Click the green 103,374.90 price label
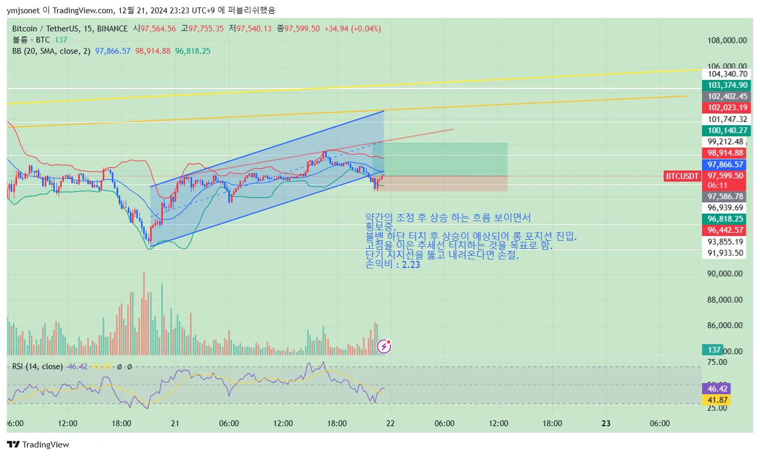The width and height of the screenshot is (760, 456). (x=727, y=85)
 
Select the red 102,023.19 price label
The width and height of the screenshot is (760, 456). (x=727, y=108)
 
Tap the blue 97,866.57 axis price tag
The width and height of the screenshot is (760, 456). (x=727, y=165)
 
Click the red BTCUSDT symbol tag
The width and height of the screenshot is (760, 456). (x=682, y=176)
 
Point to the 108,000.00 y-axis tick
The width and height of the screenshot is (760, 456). (x=727, y=40)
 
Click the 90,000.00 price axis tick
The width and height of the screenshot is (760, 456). (x=724, y=274)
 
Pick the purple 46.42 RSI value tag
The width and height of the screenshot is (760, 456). (x=717, y=389)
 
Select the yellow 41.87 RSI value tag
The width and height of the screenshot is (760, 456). (x=717, y=400)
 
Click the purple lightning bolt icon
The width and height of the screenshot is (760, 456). (x=384, y=347)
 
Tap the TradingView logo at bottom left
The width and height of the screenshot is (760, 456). (x=38, y=445)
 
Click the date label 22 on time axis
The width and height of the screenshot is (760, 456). (x=391, y=424)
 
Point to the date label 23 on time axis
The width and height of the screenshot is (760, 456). (x=606, y=424)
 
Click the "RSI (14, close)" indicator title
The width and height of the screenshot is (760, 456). (x=37, y=367)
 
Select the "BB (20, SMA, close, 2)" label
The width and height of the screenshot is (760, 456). (x=51, y=51)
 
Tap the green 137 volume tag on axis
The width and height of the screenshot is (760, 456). (x=714, y=350)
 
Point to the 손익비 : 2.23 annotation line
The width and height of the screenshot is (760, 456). (x=393, y=264)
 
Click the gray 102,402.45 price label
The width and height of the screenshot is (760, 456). (x=727, y=96)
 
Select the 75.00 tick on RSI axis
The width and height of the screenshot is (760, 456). (x=717, y=362)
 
